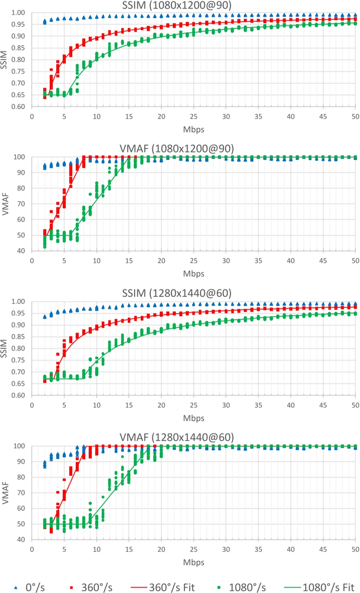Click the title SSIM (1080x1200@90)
[x=193, y=5]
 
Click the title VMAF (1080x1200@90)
[x=193, y=149]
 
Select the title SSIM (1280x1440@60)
[x=193, y=294]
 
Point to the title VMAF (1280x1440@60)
[x=193, y=438]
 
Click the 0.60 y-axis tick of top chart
[x=20, y=107]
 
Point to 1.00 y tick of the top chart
[x=20, y=13]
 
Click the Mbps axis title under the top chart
[x=193, y=128]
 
